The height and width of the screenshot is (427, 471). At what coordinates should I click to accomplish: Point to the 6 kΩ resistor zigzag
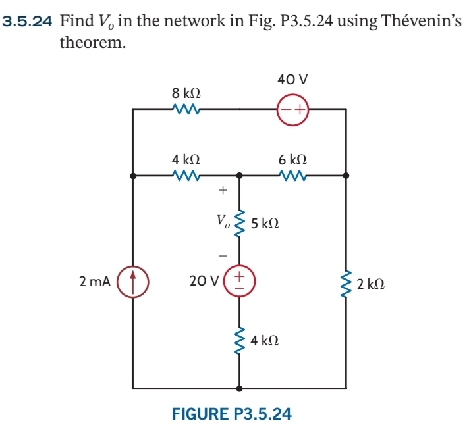tap(292, 176)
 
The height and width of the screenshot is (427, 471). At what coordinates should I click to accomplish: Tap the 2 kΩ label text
tap(371, 285)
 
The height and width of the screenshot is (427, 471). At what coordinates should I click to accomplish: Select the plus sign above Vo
tap(222, 191)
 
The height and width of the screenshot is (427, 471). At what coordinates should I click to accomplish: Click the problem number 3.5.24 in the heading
tap(28, 20)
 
